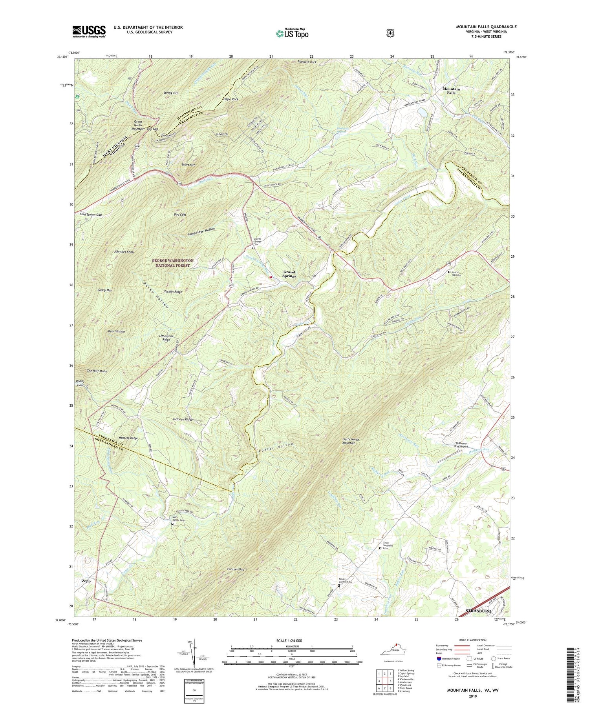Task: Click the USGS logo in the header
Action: pos(89,31)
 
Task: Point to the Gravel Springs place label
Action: pos(289,274)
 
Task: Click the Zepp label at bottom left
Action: pos(86,581)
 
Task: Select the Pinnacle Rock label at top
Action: pos(307,62)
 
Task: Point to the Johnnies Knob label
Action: pos(124,251)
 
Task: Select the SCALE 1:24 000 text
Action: pos(291,640)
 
